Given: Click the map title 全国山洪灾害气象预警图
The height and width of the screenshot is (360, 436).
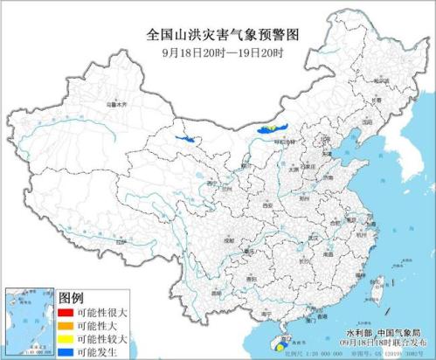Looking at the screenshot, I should [x=218, y=34].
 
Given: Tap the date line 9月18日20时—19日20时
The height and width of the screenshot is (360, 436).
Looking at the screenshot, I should [x=218, y=52].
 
